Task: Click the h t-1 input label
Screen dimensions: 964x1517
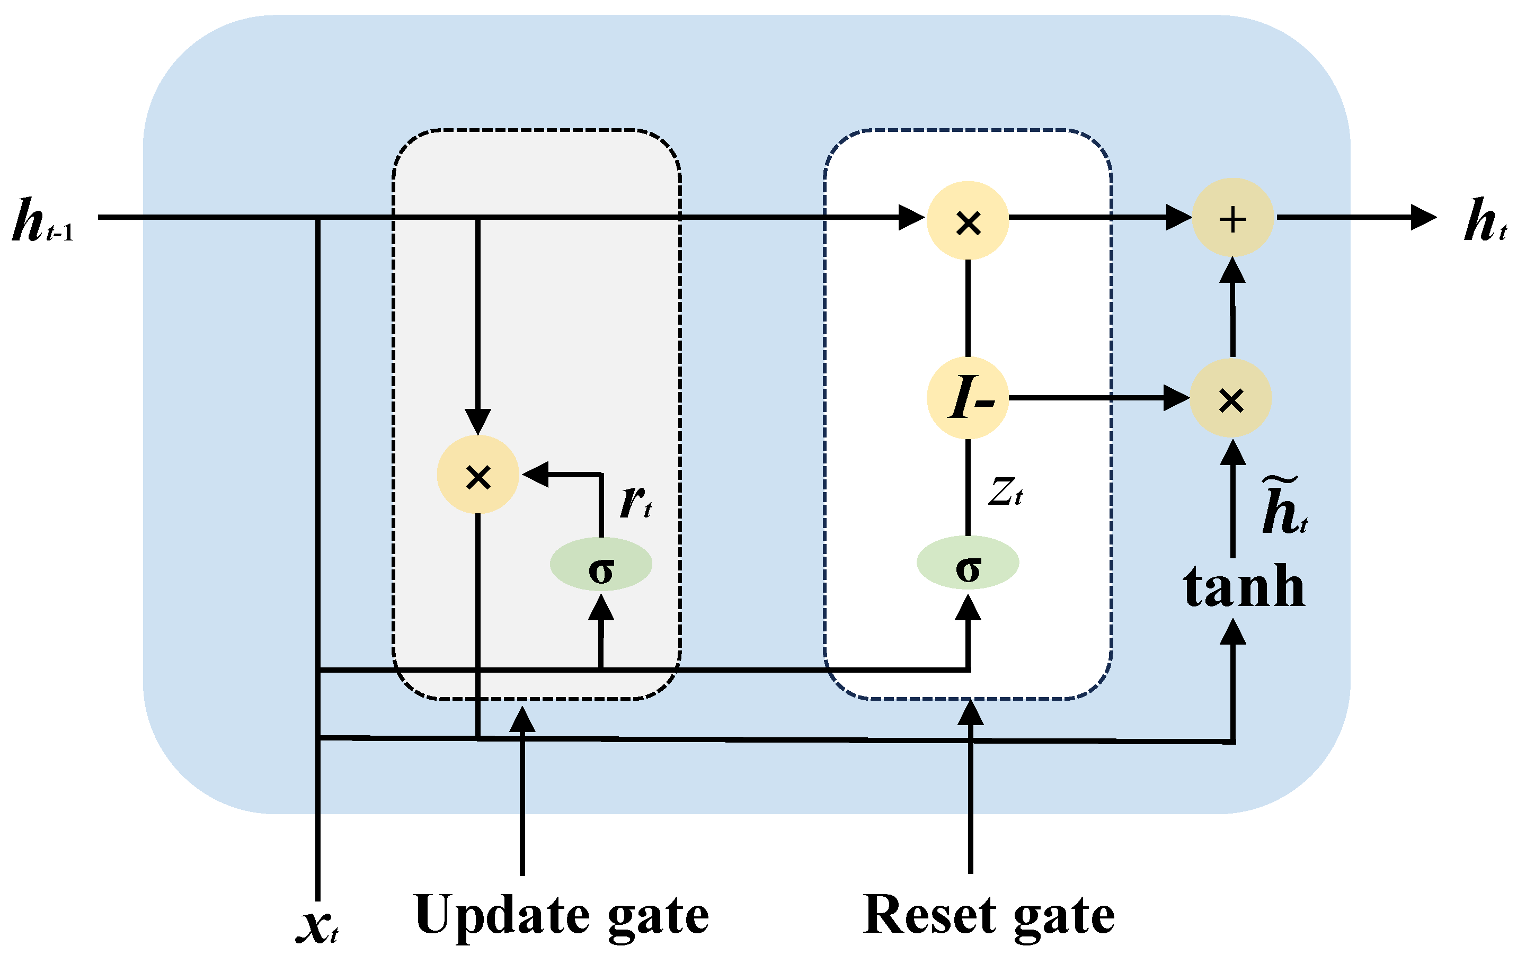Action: pos(43,221)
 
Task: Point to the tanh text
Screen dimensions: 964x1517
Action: pos(1244,587)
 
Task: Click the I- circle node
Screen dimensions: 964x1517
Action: pos(968,398)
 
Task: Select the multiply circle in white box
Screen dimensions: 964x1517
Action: pos(968,220)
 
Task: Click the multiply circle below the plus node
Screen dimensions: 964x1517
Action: pos(1230,398)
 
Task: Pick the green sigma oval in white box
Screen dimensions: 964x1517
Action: pos(968,563)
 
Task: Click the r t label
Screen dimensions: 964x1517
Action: pos(635,503)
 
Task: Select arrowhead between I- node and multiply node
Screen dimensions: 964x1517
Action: pos(1176,398)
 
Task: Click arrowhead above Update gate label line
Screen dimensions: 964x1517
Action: pos(522,720)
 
